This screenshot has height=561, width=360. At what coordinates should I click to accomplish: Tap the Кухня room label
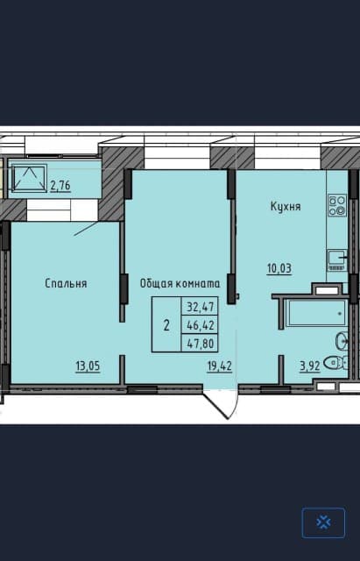click(285, 207)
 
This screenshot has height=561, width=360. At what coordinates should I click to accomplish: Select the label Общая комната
click(180, 283)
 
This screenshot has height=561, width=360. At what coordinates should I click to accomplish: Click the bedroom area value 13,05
click(87, 366)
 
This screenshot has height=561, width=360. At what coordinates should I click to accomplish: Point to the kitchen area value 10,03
click(279, 268)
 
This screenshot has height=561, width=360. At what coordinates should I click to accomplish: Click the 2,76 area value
click(60, 186)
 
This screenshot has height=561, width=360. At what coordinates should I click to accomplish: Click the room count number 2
click(166, 325)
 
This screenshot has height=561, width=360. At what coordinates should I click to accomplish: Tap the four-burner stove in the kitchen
click(337, 205)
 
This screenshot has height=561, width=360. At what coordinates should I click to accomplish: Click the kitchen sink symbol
click(337, 256)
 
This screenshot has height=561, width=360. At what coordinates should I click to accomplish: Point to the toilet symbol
click(335, 363)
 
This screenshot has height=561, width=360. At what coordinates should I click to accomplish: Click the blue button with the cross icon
click(323, 522)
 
